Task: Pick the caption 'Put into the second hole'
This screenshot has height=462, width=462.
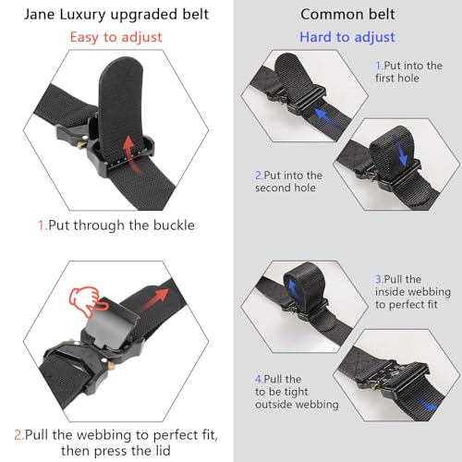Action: (x=288, y=181)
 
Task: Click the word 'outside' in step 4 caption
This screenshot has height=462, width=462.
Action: (x=277, y=404)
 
